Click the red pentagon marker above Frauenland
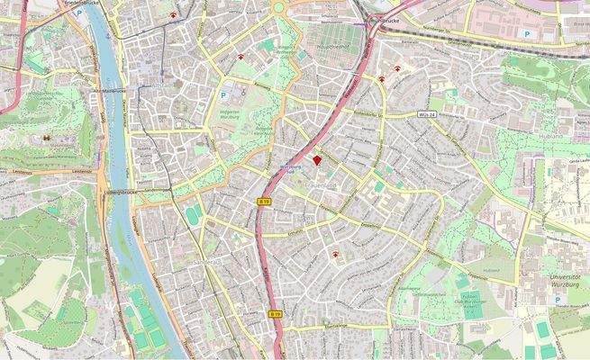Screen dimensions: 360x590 coord(317,160)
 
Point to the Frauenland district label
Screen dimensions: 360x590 coord(322,184)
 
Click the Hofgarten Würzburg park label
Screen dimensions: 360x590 coord(235,115)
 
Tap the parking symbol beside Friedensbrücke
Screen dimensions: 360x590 coord(82,14)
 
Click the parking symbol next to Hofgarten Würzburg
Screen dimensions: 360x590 coord(224,94)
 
